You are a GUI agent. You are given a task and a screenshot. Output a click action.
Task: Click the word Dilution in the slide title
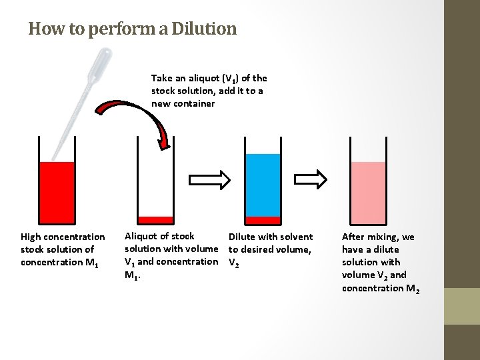[203, 29]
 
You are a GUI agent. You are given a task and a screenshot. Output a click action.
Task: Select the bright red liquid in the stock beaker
[57, 191]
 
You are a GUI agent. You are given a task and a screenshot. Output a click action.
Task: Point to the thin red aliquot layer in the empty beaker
[155, 219]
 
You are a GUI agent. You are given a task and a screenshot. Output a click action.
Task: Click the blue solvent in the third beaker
[263, 185]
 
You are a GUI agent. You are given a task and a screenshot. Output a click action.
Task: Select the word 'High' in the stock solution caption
[31, 237]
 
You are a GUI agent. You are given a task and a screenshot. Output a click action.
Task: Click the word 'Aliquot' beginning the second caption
[141, 236]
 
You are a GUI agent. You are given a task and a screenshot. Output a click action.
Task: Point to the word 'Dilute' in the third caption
[242, 237]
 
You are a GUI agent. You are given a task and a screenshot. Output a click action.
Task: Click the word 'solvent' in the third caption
[297, 237]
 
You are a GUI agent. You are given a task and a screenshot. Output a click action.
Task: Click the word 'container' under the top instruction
[193, 103]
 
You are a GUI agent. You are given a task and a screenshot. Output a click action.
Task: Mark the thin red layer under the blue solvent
[263, 220]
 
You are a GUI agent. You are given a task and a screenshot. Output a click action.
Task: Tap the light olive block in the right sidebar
[461, 306]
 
